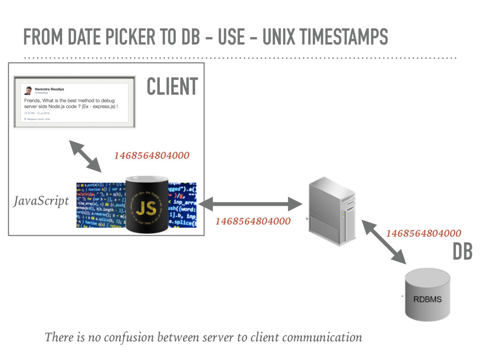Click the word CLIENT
coord(172,86)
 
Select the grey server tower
coord(332,211)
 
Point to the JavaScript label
coord(41,201)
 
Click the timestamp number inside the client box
coord(151,156)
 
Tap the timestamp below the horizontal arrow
coord(253,221)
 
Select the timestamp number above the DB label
coord(423,233)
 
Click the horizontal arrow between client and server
coord(250,204)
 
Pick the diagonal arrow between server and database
coord(384,242)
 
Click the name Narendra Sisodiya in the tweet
coord(51,89)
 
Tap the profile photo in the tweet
coord(28,90)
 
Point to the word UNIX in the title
coord(278,37)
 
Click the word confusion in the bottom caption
coord(129,337)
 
